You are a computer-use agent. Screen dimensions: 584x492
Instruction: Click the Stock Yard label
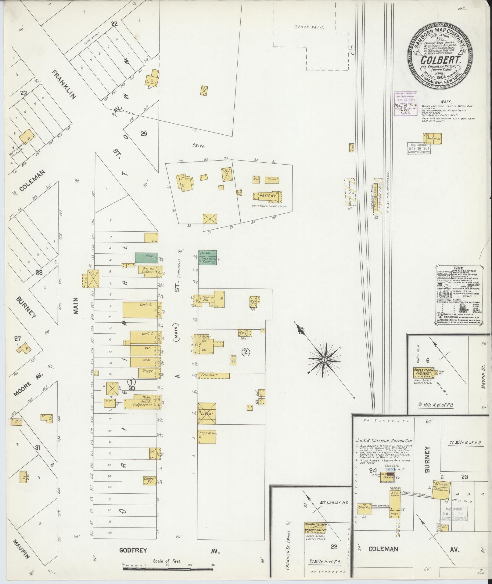coord(309,27)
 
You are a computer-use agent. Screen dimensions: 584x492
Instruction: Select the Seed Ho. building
coord(364,507)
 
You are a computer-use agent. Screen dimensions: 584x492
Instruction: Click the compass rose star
coord(324,360)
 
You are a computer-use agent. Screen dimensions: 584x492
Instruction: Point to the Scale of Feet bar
coord(168,569)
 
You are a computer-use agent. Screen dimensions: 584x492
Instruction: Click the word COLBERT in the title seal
coord(440,60)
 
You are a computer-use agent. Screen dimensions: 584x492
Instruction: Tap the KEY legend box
coord(458,295)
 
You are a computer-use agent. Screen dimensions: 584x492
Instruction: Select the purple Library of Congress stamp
coord(405,103)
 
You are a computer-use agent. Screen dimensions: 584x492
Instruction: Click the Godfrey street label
coord(133,551)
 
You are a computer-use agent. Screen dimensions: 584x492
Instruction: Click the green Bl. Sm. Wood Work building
coord(208,257)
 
